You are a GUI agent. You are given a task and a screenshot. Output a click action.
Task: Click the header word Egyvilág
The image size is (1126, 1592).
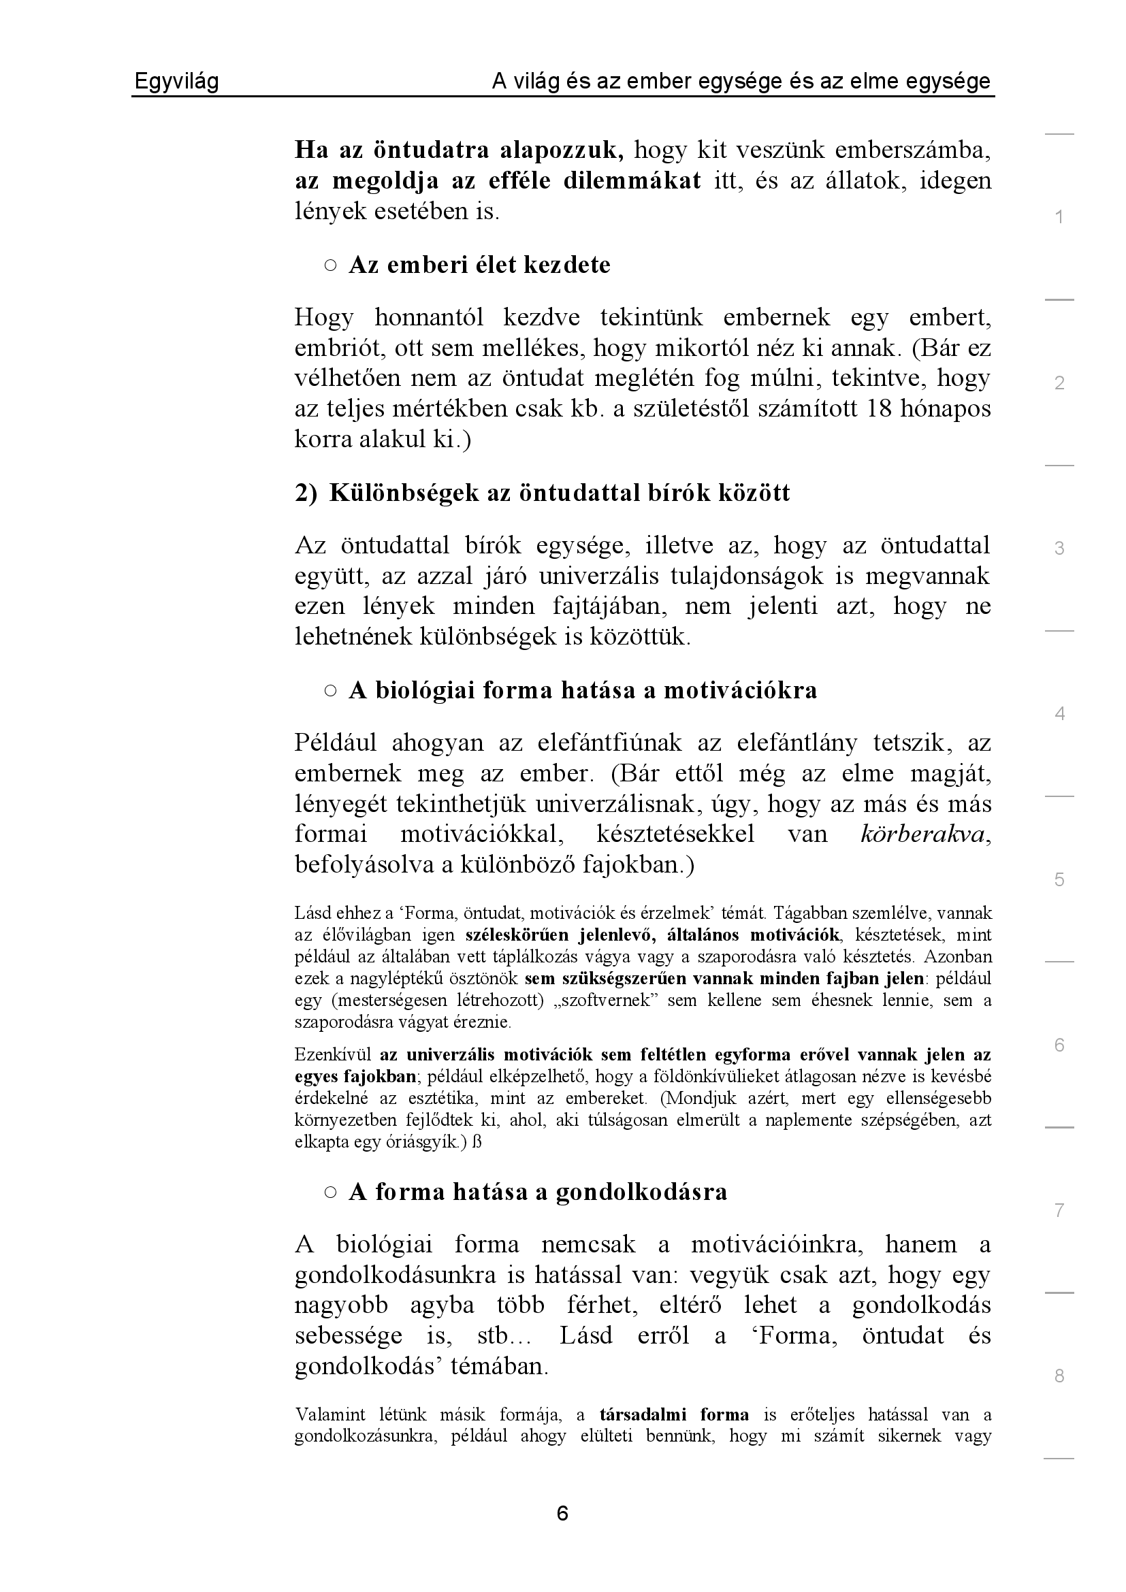tap(176, 82)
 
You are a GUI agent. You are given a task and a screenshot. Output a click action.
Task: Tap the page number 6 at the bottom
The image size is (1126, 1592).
tap(562, 1513)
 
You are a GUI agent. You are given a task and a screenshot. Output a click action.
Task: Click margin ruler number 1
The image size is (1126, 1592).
tap(1059, 217)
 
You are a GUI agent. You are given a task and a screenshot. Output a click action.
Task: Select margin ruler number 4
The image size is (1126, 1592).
tap(1059, 713)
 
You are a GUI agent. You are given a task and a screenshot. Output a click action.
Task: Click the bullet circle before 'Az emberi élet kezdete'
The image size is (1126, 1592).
tap(330, 265)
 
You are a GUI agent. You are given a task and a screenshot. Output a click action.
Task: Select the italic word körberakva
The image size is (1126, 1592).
tap(922, 834)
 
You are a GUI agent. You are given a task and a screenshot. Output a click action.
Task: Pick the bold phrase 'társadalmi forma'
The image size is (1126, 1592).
tap(674, 1415)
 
